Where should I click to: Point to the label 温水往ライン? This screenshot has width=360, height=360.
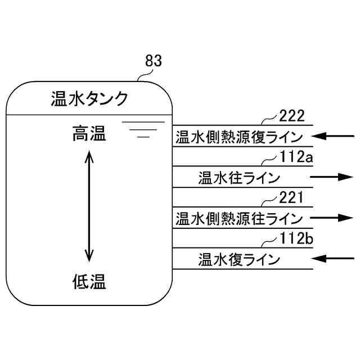point(239,177)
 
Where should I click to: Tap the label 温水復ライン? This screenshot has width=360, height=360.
point(239,259)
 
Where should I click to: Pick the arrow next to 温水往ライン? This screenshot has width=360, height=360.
point(332,177)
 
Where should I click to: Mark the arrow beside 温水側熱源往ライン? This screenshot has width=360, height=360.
point(332,217)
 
